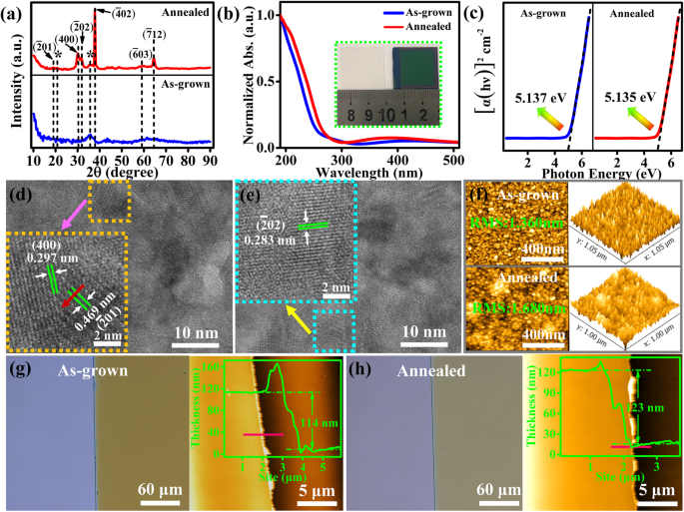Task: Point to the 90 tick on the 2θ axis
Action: tap(210, 159)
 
